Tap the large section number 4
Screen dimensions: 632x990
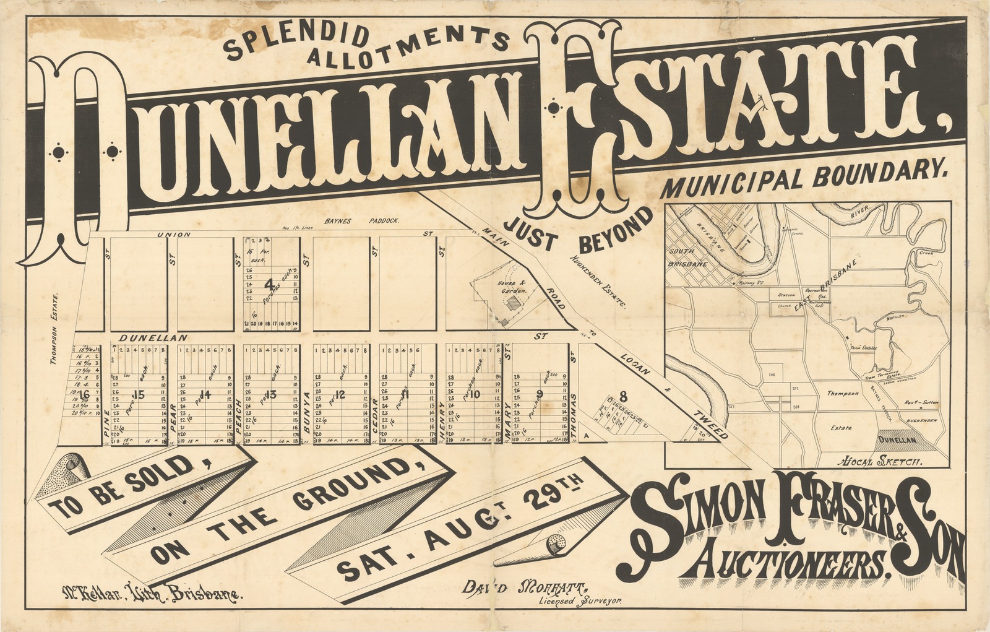pyautogui.click(x=269, y=285)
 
